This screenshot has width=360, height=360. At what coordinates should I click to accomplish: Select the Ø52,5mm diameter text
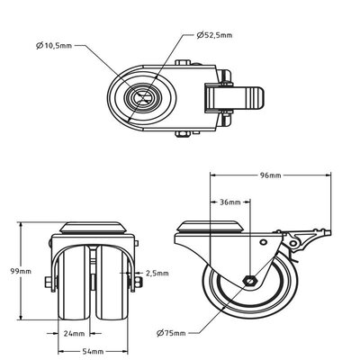point(217,36)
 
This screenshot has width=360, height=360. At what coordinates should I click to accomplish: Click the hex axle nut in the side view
point(247,281)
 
